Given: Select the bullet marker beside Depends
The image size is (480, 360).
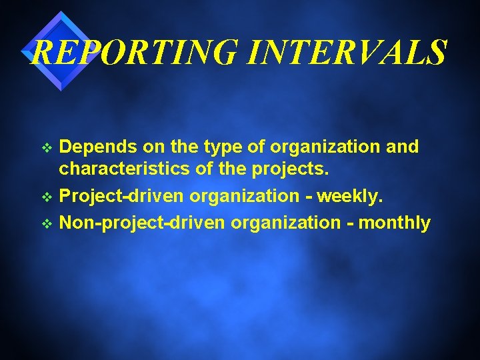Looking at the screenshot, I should click(46, 147).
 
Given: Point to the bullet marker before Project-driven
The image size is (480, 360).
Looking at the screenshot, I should click(46, 197).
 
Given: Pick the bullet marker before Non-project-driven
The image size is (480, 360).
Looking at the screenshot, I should click(46, 223).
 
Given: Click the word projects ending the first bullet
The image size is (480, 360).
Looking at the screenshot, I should click(291, 171).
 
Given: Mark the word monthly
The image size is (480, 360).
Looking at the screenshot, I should click(395, 223).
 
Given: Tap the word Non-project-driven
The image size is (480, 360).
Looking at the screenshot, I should click(142, 223).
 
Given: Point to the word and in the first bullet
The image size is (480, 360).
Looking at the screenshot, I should click(402, 147).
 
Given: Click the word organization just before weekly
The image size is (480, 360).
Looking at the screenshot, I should click(245, 197).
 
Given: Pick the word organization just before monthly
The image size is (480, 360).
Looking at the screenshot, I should click(285, 223).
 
